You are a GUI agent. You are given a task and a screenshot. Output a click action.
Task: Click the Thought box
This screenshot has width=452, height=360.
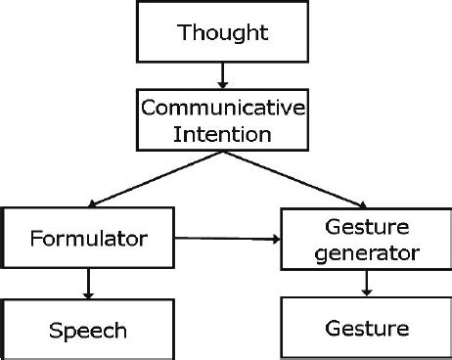pos(223,32)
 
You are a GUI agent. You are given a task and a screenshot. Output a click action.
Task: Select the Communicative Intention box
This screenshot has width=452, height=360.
pos(223,117)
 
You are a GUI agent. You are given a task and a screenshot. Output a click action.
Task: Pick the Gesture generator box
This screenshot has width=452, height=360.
pos(365,240)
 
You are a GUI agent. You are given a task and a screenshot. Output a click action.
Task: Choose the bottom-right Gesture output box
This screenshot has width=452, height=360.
pos(365,328)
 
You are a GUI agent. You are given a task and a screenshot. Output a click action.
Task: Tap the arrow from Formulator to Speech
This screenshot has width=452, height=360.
pos(88,283)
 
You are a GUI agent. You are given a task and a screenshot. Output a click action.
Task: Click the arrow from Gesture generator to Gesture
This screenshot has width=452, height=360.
pos(367,282)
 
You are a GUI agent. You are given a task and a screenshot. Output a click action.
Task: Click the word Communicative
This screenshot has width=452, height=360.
pos(223,106)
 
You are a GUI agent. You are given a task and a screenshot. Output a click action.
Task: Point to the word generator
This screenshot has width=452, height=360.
pos(365,253)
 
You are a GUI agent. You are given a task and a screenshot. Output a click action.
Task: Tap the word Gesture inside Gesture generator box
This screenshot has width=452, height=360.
pos(365,227)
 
